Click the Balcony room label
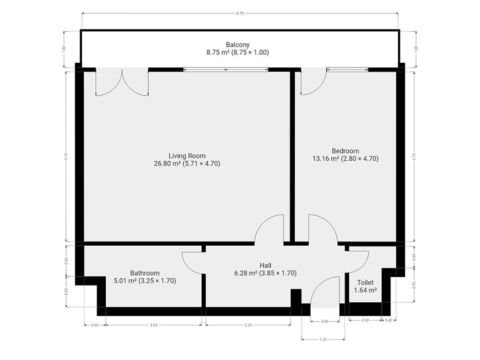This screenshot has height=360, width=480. (238, 44)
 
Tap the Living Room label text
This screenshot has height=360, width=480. (187, 156)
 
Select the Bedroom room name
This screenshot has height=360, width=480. (345, 151)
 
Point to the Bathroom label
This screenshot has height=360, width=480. (145, 273)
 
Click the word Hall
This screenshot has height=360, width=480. (265, 265)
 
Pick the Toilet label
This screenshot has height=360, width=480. (365, 282)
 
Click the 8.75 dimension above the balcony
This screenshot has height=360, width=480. (240, 13)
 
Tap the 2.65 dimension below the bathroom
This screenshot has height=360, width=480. (154, 325)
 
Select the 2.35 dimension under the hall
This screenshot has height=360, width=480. (248, 325)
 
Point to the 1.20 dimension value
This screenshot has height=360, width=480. (323, 340)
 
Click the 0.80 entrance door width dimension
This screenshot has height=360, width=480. (325, 321)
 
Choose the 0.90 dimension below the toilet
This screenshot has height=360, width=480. (365, 320)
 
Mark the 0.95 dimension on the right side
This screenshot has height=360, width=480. (414, 285)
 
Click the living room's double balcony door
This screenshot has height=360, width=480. (122, 82)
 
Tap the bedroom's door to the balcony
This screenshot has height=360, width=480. (314, 81)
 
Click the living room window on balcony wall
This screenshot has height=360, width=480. (226, 70)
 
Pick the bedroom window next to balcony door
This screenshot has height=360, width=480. (347, 70)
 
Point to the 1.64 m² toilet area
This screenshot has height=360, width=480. (365, 290)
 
